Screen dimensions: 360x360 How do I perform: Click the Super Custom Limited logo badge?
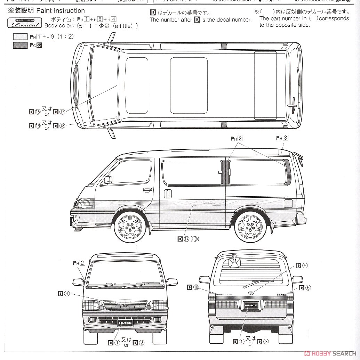(25, 23)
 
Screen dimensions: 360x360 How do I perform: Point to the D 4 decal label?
(64, 294)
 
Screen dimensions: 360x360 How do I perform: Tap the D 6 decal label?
(305, 287)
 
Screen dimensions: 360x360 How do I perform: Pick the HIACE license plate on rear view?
(250, 305)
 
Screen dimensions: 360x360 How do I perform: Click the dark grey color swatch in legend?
(20, 45)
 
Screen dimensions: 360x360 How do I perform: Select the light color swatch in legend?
(20, 36)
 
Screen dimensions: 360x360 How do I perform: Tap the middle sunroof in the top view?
(189, 85)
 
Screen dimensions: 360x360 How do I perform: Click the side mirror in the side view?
(108, 180)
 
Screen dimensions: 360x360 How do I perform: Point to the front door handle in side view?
(147, 190)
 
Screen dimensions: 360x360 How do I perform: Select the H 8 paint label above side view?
(282, 138)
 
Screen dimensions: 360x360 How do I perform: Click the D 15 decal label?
(35, 112)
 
